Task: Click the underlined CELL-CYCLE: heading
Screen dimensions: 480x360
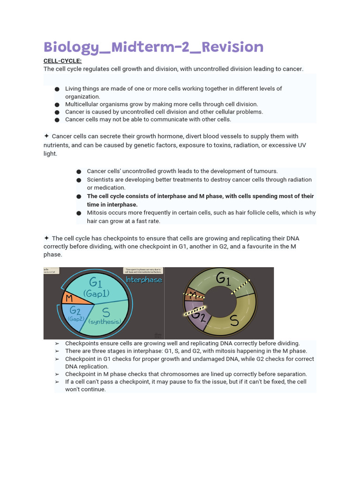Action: (62, 61)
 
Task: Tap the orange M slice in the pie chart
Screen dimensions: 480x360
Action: (69, 298)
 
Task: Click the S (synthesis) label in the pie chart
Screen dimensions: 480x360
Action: (105, 316)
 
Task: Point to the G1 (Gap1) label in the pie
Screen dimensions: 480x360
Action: (96, 287)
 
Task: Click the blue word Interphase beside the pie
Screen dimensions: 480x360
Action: (144, 280)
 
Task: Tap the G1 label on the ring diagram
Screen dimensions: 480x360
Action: (223, 279)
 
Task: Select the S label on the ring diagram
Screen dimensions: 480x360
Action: (234, 320)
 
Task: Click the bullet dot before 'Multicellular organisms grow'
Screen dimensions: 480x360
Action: (57, 105)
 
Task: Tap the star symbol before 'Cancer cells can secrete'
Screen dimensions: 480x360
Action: (46, 136)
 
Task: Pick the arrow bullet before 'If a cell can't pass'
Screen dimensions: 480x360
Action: (57, 382)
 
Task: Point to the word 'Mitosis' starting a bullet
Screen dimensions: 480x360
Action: (97, 212)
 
